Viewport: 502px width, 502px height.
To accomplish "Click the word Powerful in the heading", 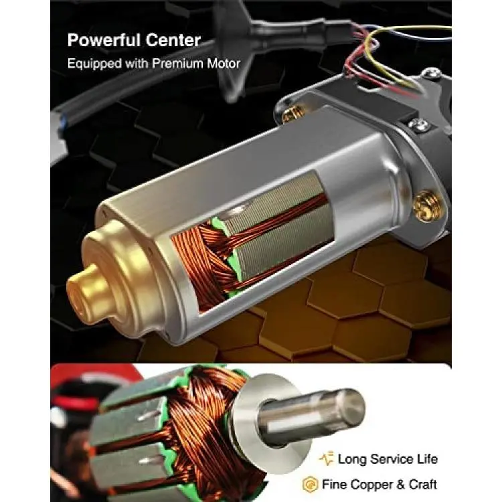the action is point(103,40).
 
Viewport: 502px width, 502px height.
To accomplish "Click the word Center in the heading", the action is point(173,40).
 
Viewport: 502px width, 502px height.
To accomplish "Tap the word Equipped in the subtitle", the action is point(94,64).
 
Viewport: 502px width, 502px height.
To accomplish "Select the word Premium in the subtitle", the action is point(177,64).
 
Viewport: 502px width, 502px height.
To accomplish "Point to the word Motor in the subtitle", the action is point(224,64).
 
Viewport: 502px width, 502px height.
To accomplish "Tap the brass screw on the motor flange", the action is point(426,206).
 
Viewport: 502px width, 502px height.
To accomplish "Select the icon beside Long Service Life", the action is point(326,458).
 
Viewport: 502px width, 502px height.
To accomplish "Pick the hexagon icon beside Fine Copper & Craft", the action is point(310,485).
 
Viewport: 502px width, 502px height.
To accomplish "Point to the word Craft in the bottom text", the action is point(423,484).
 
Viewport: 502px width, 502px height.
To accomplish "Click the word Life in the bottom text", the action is point(427,459).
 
